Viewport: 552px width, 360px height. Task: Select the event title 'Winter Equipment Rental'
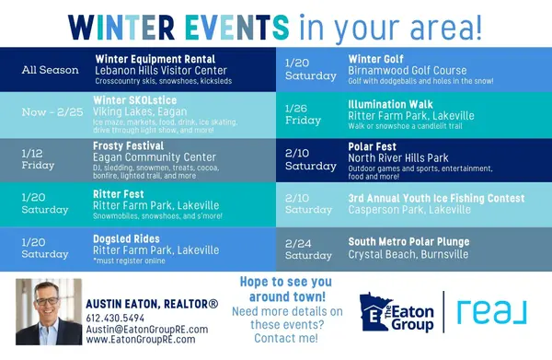click(x=149, y=58)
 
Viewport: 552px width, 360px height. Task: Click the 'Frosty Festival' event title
click(x=130, y=145)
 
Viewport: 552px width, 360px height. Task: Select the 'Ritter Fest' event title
click(x=118, y=195)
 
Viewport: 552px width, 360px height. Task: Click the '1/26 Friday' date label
click(x=304, y=113)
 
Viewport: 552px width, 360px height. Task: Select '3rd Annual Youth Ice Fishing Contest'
click(x=436, y=198)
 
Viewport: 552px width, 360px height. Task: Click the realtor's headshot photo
click(x=47, y=312)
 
